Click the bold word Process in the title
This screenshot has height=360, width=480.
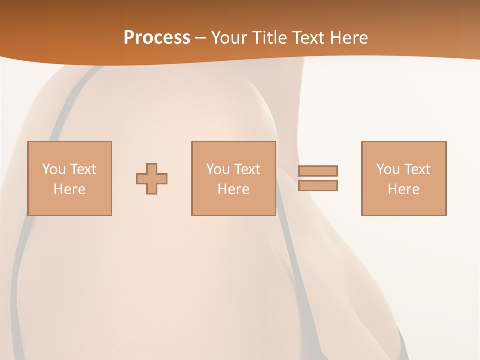tap(157, 37)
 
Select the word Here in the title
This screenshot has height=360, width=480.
tap(346, 37)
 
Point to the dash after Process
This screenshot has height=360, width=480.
tap(201, 38)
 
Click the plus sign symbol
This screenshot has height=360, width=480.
tap(152, 179)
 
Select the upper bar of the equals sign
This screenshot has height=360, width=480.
tap(318, 171)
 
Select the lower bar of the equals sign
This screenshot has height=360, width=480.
tap(318, 185)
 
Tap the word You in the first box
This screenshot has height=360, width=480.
tap(54, 169)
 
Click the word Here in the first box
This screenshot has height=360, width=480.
tap(69, 189)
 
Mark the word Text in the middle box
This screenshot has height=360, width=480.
tap(247, 169)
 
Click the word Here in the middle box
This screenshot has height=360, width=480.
tap(233, 189)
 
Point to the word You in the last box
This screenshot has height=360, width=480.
tap(388, 169)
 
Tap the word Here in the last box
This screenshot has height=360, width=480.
tap(403, 189)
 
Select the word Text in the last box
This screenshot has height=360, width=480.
tap(417, 169)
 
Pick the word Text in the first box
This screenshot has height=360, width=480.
tap(83, 169)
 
